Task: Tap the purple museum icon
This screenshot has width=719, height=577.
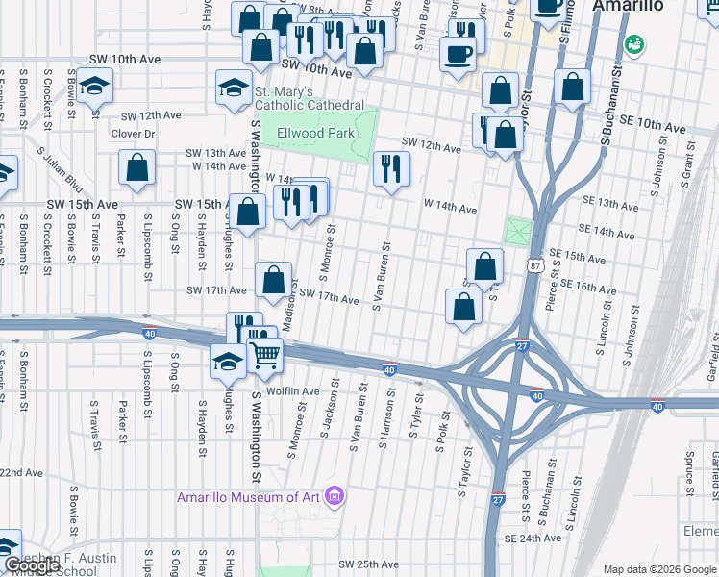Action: point(335,496)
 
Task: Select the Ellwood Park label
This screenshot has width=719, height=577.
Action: point(315,133)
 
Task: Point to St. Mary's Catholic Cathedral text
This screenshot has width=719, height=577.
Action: point(309,98)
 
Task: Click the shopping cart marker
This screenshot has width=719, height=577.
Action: point(265,355)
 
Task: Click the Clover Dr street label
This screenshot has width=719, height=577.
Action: point(133,133)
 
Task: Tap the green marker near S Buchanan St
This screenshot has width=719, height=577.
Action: point(633,44)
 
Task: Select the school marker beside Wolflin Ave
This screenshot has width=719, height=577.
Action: point(228,363)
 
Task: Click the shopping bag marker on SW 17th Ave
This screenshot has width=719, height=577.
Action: point(274,281)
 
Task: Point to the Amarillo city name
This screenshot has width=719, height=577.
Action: point(628,6)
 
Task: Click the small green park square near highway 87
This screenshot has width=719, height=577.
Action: point(518,232)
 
